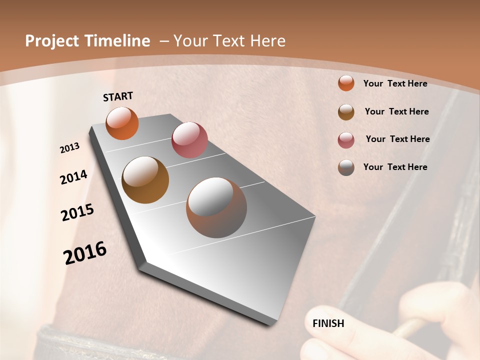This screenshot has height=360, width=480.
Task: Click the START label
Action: coord(118,96)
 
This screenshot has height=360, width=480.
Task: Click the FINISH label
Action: coord(328,323)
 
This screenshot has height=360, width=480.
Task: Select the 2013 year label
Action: coord(70,148)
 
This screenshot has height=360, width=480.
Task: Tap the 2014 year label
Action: coord(73,177)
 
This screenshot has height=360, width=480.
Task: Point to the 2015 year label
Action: coord(77,212)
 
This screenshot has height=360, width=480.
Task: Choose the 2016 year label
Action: coord(85,252)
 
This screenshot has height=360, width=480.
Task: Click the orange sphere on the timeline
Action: coord(122,123)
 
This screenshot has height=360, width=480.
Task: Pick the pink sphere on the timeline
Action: coord(189,140)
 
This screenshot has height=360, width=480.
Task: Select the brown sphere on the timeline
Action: coord(145,180)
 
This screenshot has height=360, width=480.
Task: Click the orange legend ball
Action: coord(346,83)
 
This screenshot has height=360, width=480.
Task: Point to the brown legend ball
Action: coord(346,112)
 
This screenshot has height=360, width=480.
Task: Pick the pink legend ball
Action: coord(346,140)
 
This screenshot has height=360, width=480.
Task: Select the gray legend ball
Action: coord(346,167)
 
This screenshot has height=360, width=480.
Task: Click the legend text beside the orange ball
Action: coord(395,83)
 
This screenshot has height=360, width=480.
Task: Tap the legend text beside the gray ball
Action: coord(395,167)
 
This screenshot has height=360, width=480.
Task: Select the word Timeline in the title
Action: coord(118,41)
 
